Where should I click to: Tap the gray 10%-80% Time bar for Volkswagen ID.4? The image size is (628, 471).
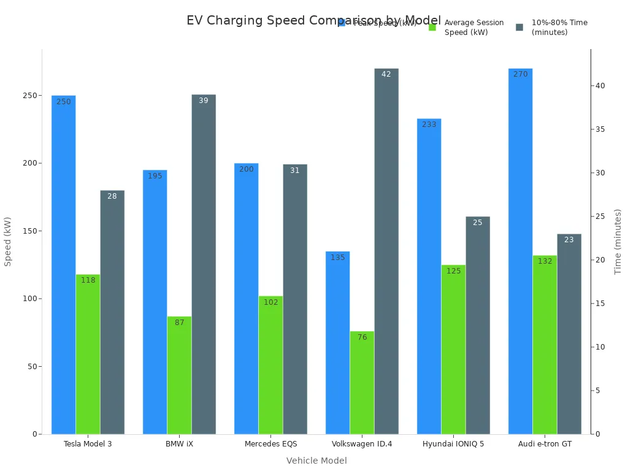click(x=386, y=251)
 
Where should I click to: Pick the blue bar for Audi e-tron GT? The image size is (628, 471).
click(x=520, y=251)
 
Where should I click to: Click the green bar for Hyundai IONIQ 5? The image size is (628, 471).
click(x=453, y=350)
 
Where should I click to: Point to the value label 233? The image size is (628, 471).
click(x=429, y=124)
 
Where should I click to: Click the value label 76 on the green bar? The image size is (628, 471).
click(x=362, y=337)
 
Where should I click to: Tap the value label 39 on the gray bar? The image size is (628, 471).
click(x=204, y=101)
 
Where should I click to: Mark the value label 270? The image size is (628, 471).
click(x=520, y=74)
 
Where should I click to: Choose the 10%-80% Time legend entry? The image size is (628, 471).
click(x=559, y=28)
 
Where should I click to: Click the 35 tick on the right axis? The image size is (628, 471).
click(x=600, y=129)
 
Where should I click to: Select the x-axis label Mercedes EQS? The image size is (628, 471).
click(x=270, y=444)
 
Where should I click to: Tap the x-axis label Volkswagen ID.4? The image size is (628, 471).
click(x=362, y=444)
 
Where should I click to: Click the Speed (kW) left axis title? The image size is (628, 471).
click(x=8, y=241)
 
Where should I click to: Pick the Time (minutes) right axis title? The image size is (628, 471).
click(x=618, y=241)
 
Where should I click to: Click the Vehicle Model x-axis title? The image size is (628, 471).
click(x=316, y=461)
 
